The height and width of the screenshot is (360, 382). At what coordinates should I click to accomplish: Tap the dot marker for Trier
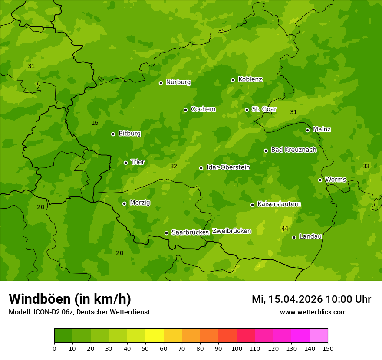click(x=126, y=163)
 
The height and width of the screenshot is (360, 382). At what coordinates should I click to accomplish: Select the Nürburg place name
click(x=178, y=82)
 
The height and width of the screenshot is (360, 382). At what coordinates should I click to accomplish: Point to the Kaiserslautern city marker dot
click(x=253, y=205)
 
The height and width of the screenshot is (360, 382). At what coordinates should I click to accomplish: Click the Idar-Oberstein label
click(x=228, y=167)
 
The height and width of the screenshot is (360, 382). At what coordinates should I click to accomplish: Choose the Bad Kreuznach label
click(x=293, y=150)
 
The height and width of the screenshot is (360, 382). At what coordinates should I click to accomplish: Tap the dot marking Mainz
click(x=308, y=130)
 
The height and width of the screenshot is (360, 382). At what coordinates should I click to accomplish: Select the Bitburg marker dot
click(x=113, y=134)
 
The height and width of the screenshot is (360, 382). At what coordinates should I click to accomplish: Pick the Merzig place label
click(x=140, y=203)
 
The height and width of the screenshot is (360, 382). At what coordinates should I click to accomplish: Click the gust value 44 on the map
click(x=285, y=229)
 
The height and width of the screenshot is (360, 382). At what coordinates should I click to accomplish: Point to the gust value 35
click(x=221, y=31)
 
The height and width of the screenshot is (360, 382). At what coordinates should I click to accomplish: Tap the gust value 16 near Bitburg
click(x=95, y=123)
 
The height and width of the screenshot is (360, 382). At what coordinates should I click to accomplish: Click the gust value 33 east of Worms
click(x=366, y=167)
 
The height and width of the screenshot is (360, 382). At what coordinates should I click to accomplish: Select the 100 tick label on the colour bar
click(x=237, y=348)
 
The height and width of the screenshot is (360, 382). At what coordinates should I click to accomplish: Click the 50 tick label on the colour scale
click(x=145, y=348)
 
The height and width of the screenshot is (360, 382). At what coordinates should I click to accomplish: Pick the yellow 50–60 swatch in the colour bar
click(x=155, y=335)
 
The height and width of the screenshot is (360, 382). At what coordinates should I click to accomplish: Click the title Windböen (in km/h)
click(x=70, y=299)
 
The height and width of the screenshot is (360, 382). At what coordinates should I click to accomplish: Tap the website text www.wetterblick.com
click(x=313, y=312)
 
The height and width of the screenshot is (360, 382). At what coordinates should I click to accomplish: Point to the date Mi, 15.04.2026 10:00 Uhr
click(x=311, y=299)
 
